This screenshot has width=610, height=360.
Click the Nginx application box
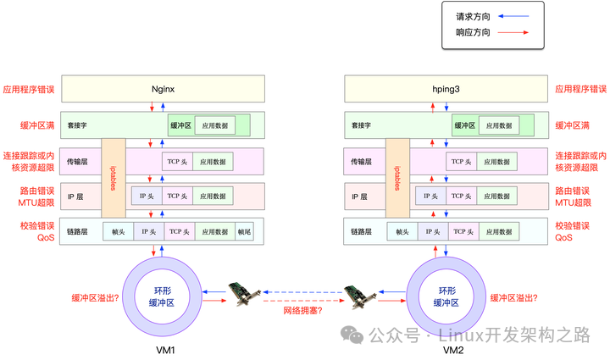163,88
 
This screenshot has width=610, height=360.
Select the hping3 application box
447,88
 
